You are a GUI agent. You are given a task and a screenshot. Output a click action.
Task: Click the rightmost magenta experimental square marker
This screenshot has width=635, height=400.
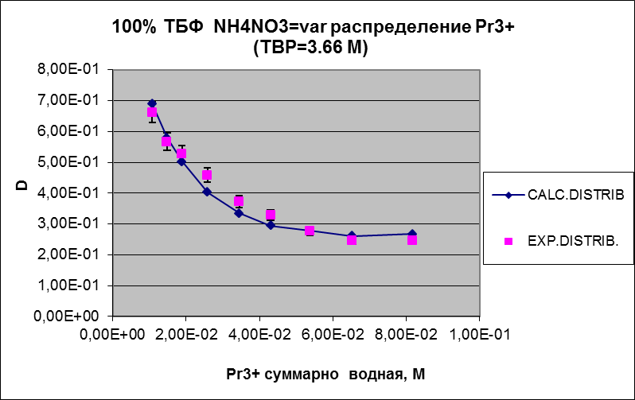click(412, 239)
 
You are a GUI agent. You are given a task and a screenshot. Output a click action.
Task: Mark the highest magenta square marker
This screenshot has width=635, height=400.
click(152, 112)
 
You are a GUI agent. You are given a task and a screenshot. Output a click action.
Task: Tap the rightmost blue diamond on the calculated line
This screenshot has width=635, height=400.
click(412, 234)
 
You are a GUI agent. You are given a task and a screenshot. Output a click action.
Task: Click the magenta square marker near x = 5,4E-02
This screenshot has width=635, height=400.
click(310, 231)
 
